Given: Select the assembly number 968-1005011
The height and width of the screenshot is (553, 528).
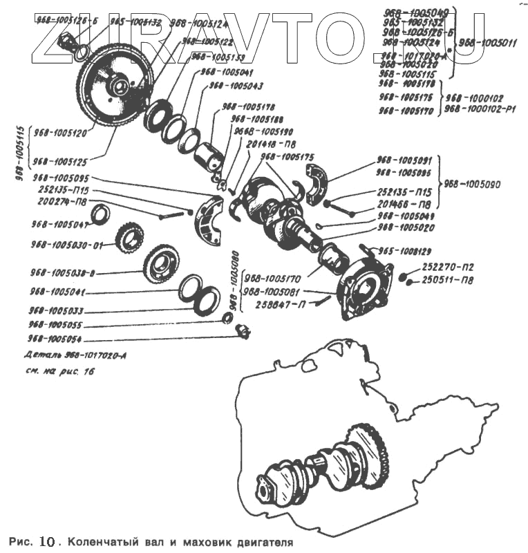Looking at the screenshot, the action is tap(487, 43).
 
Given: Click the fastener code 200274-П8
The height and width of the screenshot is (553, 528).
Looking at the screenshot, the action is tap(62, 203).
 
